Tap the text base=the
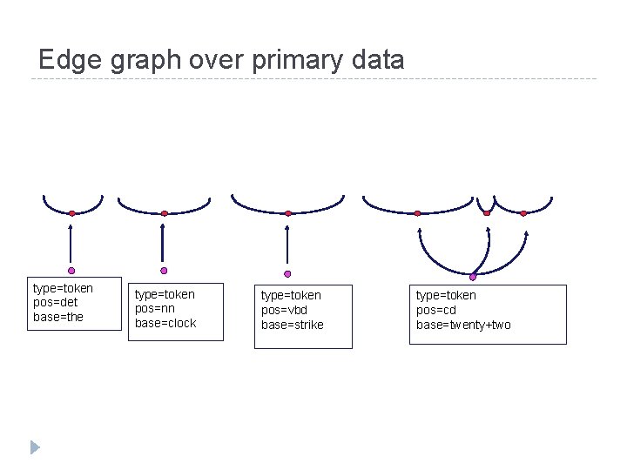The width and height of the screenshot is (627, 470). [x=58, y=317]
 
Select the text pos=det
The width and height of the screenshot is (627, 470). [x=56, y=302]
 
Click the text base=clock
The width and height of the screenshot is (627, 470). [x=165, y=323]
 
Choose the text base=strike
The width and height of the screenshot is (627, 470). [x=293, y=325]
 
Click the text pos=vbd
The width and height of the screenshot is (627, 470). [x=285, y=310]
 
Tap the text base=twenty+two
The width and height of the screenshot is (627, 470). [x=463, y=325]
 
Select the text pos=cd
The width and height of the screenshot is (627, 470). [x=435, y=310]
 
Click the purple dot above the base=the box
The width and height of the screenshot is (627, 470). [x=72, y=270]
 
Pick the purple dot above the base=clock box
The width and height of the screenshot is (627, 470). [x=163, y=271]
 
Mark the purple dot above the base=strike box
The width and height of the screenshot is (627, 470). [x=287, y=273]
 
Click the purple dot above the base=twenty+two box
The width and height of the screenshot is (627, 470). [x=473, y=277]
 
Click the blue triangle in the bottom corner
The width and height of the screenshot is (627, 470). [x=35, y=447]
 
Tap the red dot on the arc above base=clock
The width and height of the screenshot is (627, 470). [x=164, y=213]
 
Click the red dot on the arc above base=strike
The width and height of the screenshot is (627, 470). [x=288, y=213]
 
